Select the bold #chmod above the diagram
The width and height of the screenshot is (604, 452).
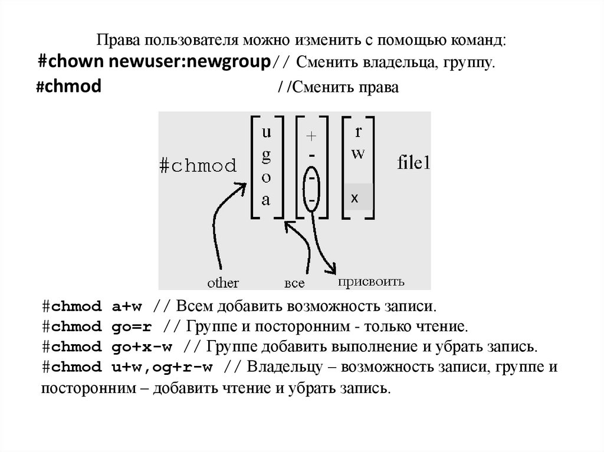click(68, 87)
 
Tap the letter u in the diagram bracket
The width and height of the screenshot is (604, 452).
click(267, 133)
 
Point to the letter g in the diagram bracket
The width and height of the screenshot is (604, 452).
click(266, 154)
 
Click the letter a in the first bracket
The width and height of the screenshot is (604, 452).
click(266, 200)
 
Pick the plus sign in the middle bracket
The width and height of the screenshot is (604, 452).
click(311, 136)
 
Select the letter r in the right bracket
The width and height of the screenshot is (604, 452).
click(358, 132)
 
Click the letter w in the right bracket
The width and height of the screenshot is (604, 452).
click(358, 154)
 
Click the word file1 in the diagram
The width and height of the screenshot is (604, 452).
click(413, 163)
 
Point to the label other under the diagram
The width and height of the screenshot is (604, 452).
click(222, 283)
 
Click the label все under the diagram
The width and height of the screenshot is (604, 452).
click(294, 283)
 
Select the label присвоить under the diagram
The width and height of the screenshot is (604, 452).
click(370, 282)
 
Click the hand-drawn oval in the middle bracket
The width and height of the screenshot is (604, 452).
click(311, 187)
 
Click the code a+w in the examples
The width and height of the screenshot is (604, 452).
click(127, 308)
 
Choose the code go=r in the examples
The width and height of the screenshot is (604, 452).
click(130, 327)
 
